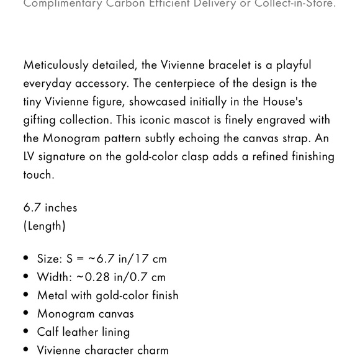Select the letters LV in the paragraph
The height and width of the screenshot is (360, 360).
pos(30,156)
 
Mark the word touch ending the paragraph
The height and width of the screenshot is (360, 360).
pos(38,174)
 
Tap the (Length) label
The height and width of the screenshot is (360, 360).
pos(44,226)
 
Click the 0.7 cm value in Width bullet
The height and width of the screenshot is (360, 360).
pos(150,277)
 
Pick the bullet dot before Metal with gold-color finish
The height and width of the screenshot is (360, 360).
pos(26,295)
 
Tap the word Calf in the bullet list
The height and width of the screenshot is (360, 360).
pos(48,332)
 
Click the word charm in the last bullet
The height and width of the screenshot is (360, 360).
pos(153,350)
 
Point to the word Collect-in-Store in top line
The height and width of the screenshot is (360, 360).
pos(295,4)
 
